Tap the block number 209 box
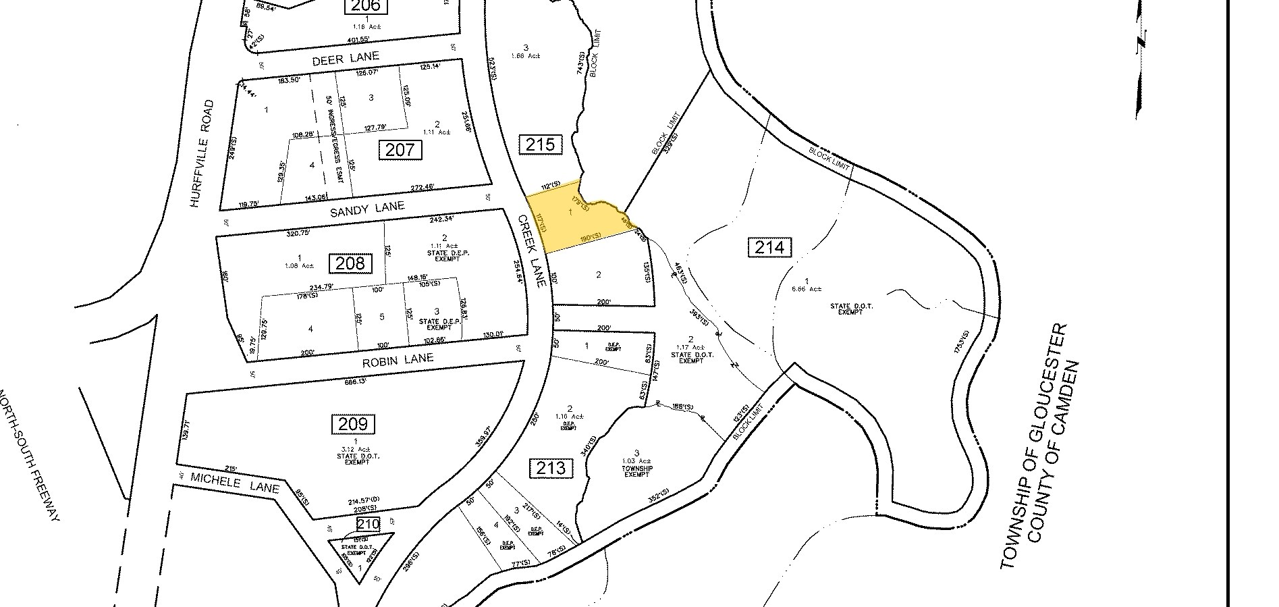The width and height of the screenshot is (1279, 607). tap(352, 424)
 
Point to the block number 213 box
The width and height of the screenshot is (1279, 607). tap(551, 467)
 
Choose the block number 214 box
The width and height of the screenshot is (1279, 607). tap(769, 247)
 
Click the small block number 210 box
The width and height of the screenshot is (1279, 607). tap(369, 523)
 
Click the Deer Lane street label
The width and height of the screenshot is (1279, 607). tap(346, 59)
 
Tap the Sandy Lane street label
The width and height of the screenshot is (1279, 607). tap(366, 210)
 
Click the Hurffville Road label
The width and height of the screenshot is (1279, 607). tap(202, 154)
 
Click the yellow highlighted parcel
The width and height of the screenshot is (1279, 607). tap(574, 219)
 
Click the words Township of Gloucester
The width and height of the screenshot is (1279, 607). tap(1033, 446)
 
